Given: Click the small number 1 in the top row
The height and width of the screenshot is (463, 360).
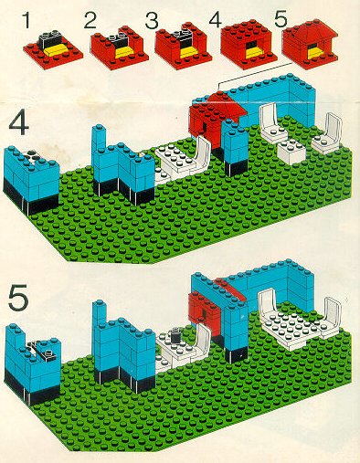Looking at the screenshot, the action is click(x=27, y=21).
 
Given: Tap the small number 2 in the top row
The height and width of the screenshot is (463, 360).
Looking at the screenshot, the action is click(x=90, y=21).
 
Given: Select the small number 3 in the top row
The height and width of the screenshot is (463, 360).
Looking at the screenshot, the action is click(x=152, y=21).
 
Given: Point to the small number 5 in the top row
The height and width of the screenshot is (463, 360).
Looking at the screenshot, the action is click(x=281, y=19).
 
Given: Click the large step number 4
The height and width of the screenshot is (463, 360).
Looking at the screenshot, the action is click(x=18, y=125).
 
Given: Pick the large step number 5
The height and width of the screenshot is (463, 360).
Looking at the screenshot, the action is click(x=18, y=298).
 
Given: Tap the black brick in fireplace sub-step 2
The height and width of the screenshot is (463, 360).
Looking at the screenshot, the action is click(x=120, y=39).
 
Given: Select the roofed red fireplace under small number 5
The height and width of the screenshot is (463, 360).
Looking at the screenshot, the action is click(x=310, y=44).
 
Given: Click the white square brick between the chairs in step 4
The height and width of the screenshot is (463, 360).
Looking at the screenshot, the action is click(x=291, y=151).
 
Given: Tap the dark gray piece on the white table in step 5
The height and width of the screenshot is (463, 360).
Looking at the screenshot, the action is click(x=175, y=335).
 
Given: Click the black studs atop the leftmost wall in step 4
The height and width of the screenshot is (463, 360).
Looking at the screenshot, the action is click(x=32, y=155).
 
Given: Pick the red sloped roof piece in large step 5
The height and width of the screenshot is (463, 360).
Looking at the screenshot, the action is click(x=230, y=289).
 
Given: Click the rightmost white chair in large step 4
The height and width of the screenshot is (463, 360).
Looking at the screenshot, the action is click(x=328, y=133).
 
